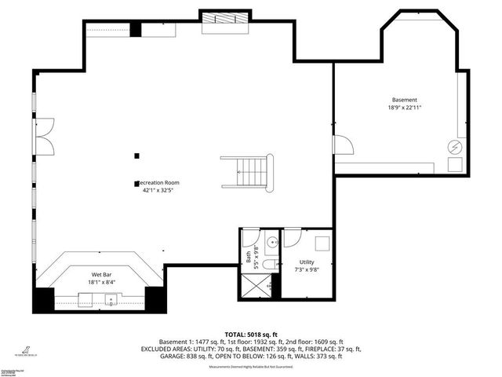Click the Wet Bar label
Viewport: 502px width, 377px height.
[x=102, y=275]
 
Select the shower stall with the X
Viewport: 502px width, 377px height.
[x=260, y=285]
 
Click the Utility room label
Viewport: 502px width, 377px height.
[x=307, y=262]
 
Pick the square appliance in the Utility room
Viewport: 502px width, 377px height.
[x=322, y=243]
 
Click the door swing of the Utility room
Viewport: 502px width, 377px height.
[x=292, y=237]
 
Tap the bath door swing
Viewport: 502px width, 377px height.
[x=249, y=238]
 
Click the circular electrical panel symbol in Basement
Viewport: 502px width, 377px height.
[x=453, y=146]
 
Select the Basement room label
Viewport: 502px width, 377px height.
[x=405, y=100]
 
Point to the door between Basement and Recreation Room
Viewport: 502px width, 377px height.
[x=342, y=145]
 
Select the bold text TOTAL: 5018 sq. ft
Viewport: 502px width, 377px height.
[x=250, y=334]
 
